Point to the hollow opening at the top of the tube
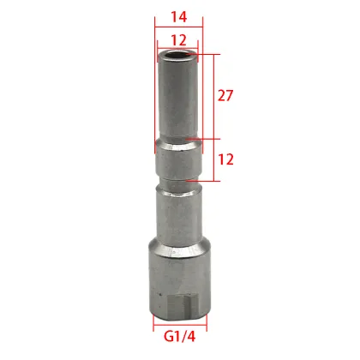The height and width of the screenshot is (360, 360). [x=177, y=57]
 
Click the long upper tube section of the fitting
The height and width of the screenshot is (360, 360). [x=177, y=99]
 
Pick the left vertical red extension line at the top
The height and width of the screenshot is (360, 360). [x=155, y=39]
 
